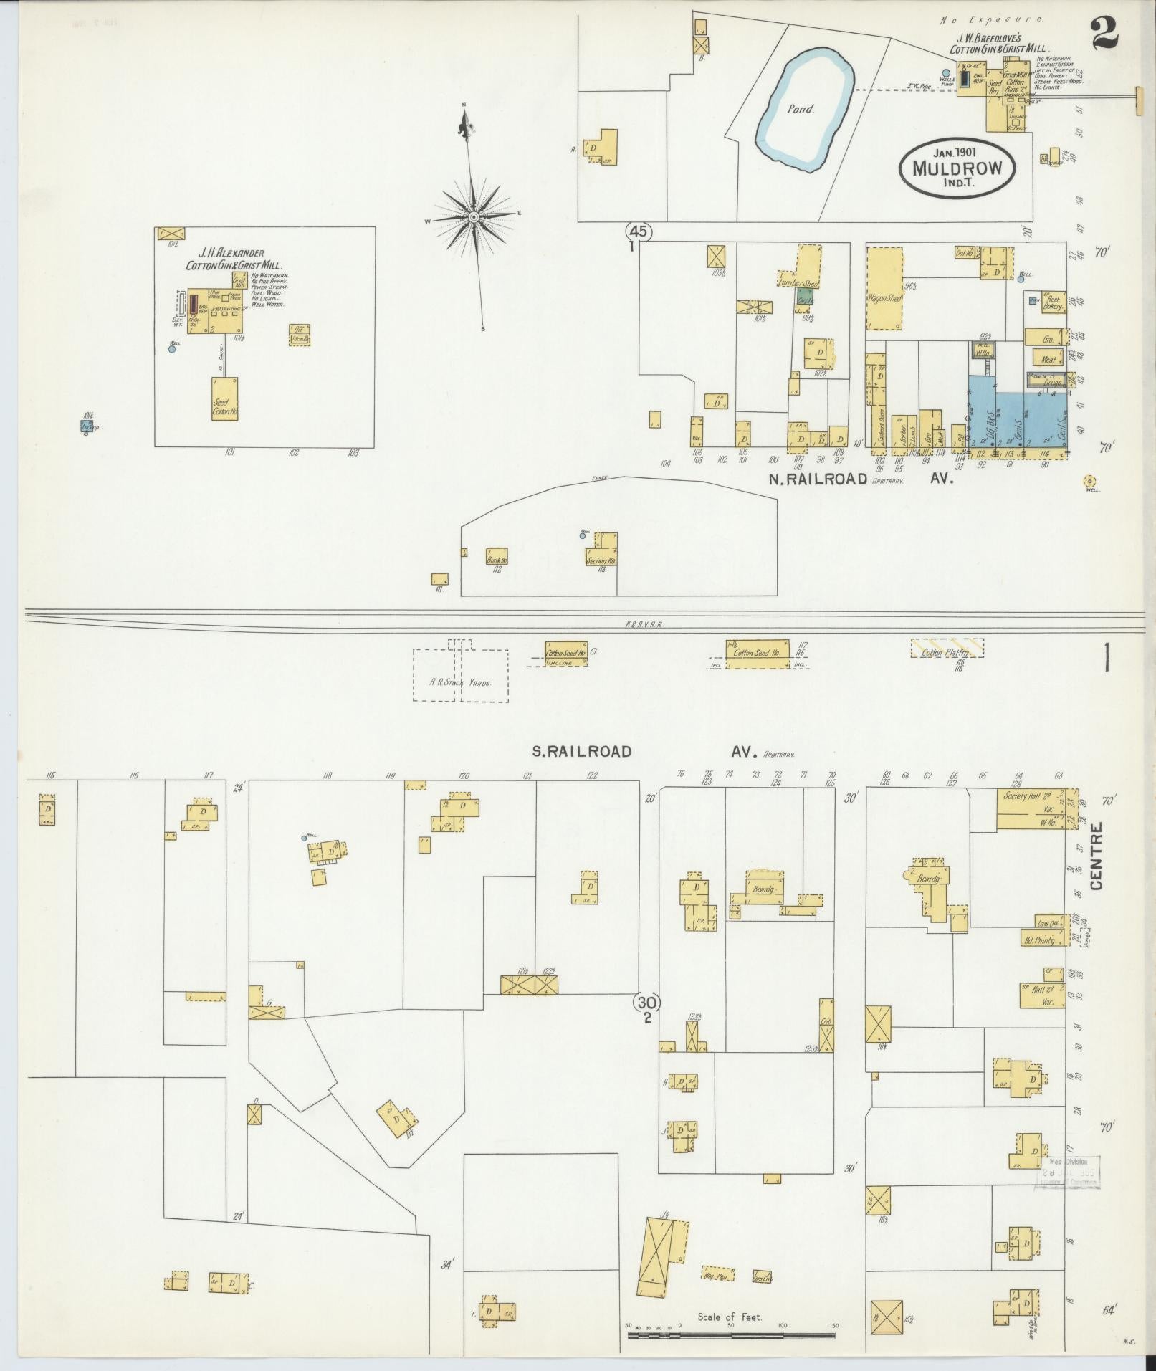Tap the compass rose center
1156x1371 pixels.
pos(474,216)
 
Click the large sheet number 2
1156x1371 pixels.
pos(1104,34)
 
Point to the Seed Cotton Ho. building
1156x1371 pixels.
pos(224,398)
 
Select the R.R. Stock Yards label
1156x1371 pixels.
pos(460,682)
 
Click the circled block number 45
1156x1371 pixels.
pos(639,231)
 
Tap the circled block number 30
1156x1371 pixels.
pos(647,1002)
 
